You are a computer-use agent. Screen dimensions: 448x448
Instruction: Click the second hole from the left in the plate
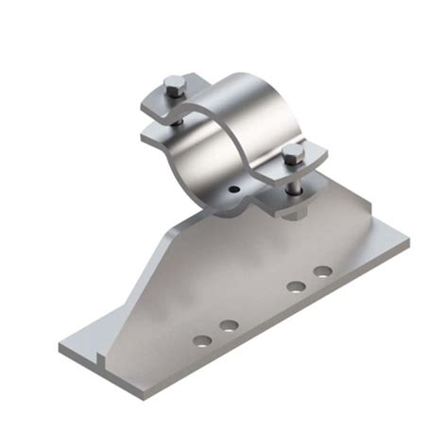pyautogui.click(x=228, y=326)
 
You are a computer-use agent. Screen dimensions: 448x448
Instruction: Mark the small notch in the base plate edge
pyautogui.click(x=100, y=357)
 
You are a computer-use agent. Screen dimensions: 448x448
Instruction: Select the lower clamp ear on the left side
pyautogui.click(x=156, y=135)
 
